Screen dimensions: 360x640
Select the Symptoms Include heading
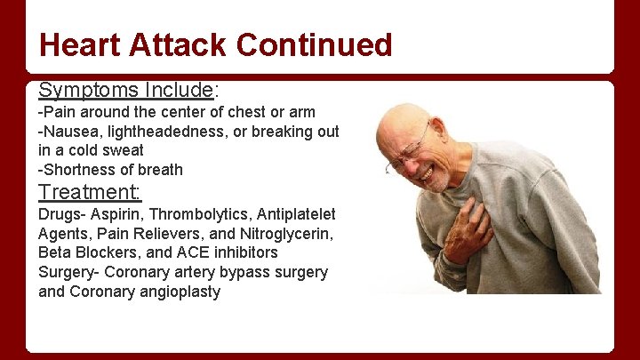point(125,90)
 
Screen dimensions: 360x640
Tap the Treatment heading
point(90,192)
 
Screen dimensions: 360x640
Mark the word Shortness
point(75,170)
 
